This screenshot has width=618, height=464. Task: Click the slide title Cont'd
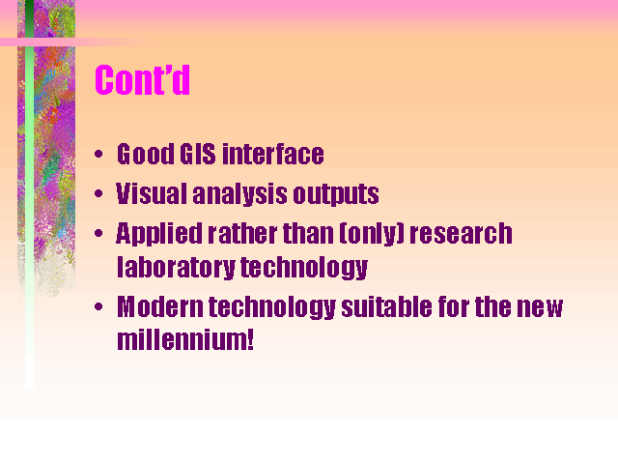[x=142, y=79]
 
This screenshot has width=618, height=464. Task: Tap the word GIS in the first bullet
[x=197, y=154]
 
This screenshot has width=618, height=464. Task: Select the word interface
[x=273, y=154]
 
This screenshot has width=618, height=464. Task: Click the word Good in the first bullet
[x=146, y=154]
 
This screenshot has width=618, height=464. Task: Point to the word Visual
[x=152, y=193]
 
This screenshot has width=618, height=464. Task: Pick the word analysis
[x=240, y=194]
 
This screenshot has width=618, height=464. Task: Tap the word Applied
[x=159, y=234]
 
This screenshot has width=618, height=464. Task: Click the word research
[x=462, y=233]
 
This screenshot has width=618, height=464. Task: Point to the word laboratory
[x=176, y=268]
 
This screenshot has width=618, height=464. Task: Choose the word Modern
[x=160, y=306]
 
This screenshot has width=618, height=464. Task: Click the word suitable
[x=386, y=306]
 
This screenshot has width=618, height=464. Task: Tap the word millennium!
[x=185, y=339]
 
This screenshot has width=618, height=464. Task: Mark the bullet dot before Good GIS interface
[x=98, y=154]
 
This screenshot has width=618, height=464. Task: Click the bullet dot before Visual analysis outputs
[x=98, y=193]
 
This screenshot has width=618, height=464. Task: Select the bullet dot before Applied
[x=98, y=233]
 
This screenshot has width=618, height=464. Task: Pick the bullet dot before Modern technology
[x=98, y=306]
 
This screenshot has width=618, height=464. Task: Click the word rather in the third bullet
[x=242, y=233]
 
